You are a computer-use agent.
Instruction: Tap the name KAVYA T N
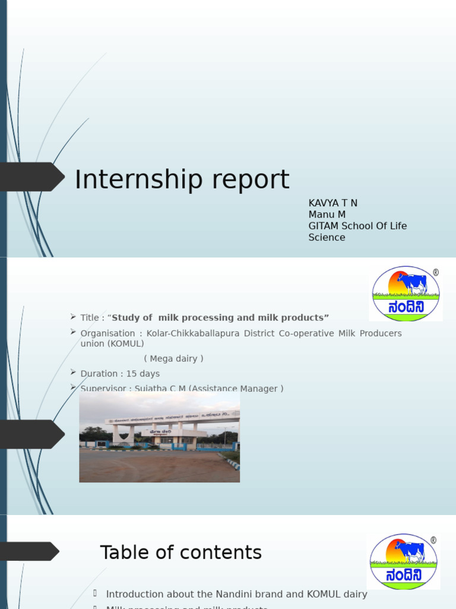332,203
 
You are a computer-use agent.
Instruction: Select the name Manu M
327,215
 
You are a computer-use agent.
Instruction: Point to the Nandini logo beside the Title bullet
406,294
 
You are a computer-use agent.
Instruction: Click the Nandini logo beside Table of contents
403,561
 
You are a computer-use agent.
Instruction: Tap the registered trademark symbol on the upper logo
436,272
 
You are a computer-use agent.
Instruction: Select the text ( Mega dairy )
173,359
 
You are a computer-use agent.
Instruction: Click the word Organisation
107,334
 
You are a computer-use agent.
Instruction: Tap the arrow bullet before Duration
73,372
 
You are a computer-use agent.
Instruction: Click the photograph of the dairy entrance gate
159,437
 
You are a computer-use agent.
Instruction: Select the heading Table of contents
180,553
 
